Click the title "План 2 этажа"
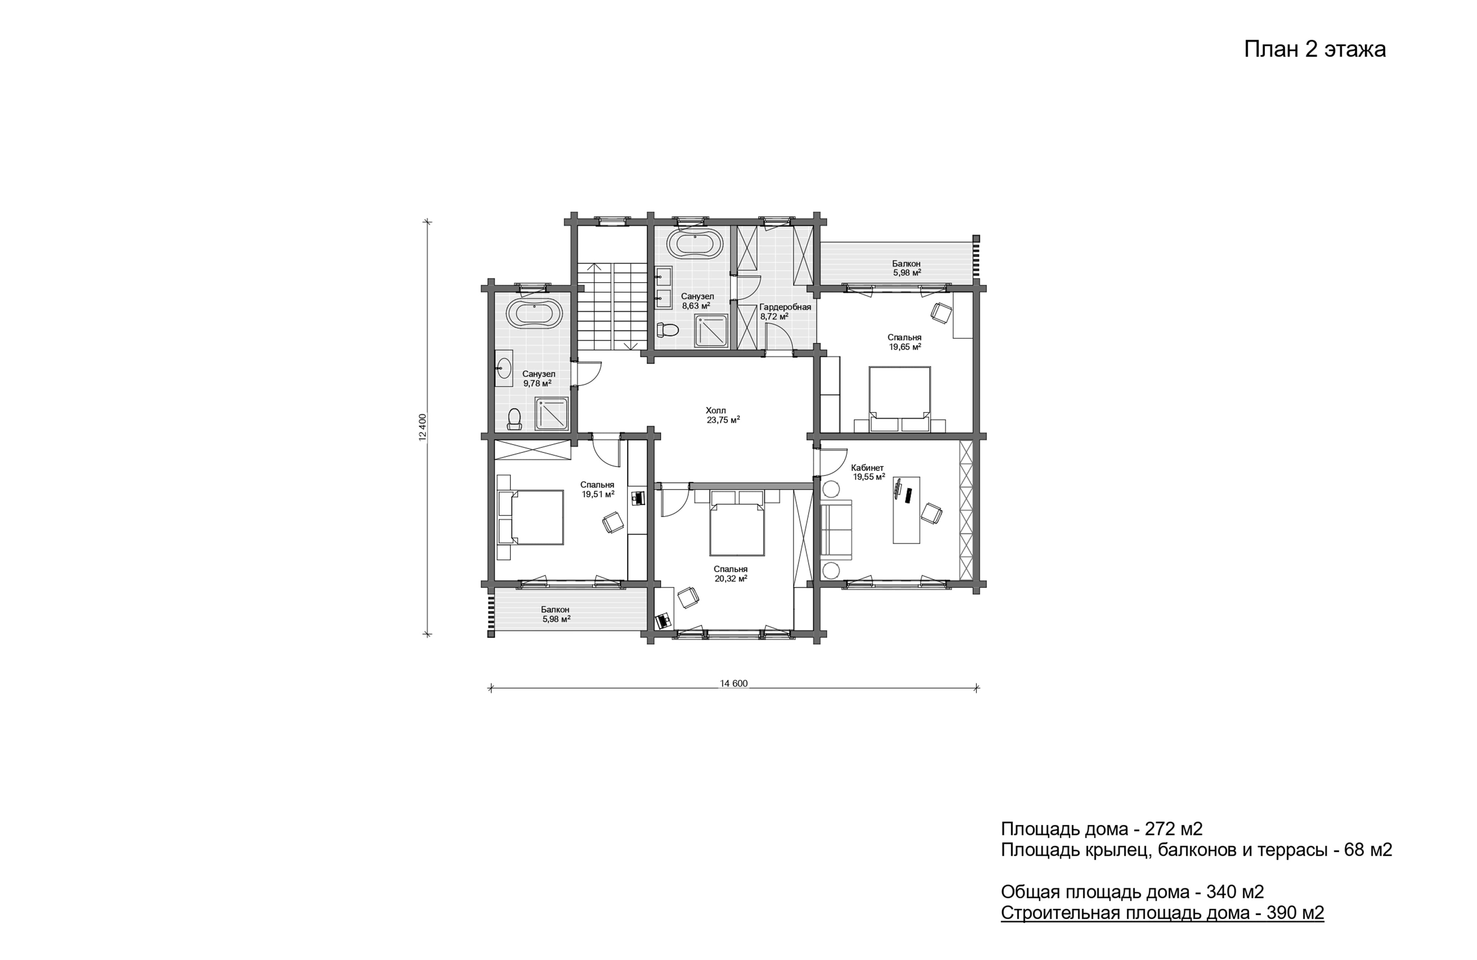[x=1315, y=49]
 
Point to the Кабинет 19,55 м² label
[x=868, y=472]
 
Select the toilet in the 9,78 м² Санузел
[x=514, y=418]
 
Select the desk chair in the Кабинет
[x=931, y=513]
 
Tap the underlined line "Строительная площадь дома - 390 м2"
[x=1162, y=912]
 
